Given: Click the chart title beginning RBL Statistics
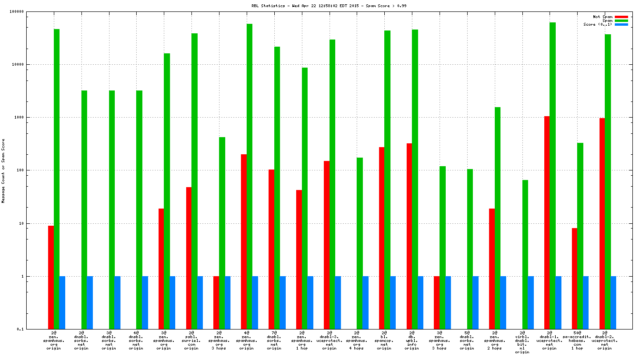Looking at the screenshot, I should [322, 6].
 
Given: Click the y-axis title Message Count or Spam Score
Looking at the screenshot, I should [3, 171].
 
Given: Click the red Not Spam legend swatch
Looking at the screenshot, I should [621, 17].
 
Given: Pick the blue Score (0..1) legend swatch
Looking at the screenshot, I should [621, 24].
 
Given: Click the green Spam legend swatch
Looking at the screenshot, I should [621, 20].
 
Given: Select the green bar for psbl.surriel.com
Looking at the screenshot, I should [194, 181].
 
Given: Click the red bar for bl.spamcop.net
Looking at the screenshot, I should [381, 238].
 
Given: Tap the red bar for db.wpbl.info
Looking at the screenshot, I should [409, 236].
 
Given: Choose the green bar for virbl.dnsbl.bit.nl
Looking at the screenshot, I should [525, 254].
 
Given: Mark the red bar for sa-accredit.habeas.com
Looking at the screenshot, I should [574, 279].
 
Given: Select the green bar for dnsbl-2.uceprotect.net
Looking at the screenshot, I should [608, 181].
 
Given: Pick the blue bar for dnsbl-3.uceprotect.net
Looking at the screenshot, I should [338, 302].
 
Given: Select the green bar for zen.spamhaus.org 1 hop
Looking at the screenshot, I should [304, 198].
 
